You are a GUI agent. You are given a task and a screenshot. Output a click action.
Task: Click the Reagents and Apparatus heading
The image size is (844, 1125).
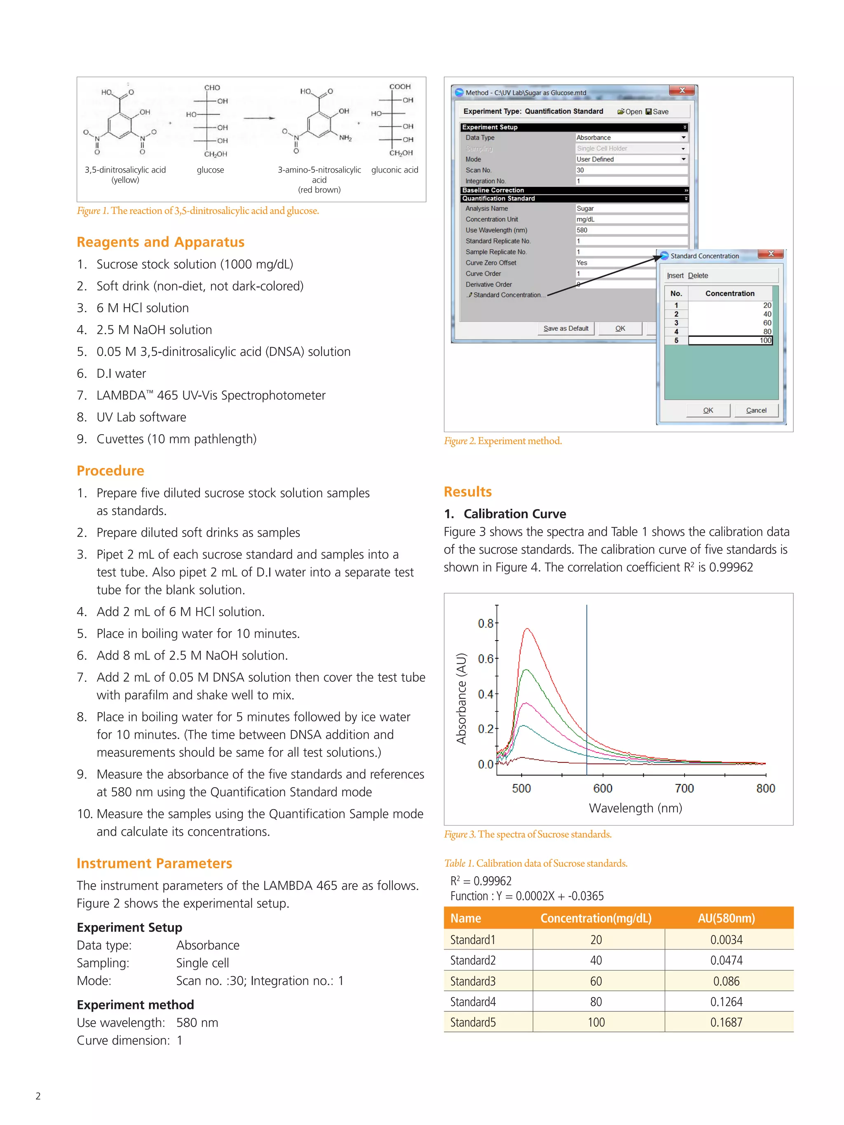click(x=160, y=242)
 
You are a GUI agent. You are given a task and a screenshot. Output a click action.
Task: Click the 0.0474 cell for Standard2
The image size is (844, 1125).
click(x=726, y=960)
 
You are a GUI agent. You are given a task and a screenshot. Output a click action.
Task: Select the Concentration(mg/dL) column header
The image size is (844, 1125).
click(x=596, y=918)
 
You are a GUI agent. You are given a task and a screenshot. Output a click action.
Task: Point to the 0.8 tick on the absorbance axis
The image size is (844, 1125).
click(x=485, y=623)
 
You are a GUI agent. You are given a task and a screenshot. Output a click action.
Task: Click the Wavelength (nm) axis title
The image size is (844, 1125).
click(x=635, y=808)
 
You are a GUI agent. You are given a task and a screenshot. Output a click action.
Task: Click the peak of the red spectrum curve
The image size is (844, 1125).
click(x=527, y=629)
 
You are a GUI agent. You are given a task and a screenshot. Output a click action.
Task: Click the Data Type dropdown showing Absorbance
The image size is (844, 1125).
click(x=631, y=137)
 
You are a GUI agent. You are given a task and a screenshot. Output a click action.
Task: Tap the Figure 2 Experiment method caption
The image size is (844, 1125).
click(x=503, y=441)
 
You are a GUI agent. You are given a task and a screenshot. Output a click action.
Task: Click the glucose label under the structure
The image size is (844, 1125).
click(x=210, y=170)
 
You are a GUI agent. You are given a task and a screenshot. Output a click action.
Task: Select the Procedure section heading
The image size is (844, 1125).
click(x=110, y=470)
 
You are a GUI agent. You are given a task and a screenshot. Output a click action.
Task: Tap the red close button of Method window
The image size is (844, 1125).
click(x=682, y=91)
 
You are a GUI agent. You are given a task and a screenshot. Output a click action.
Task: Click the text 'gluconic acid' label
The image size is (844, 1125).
click(x=394, y=170)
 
